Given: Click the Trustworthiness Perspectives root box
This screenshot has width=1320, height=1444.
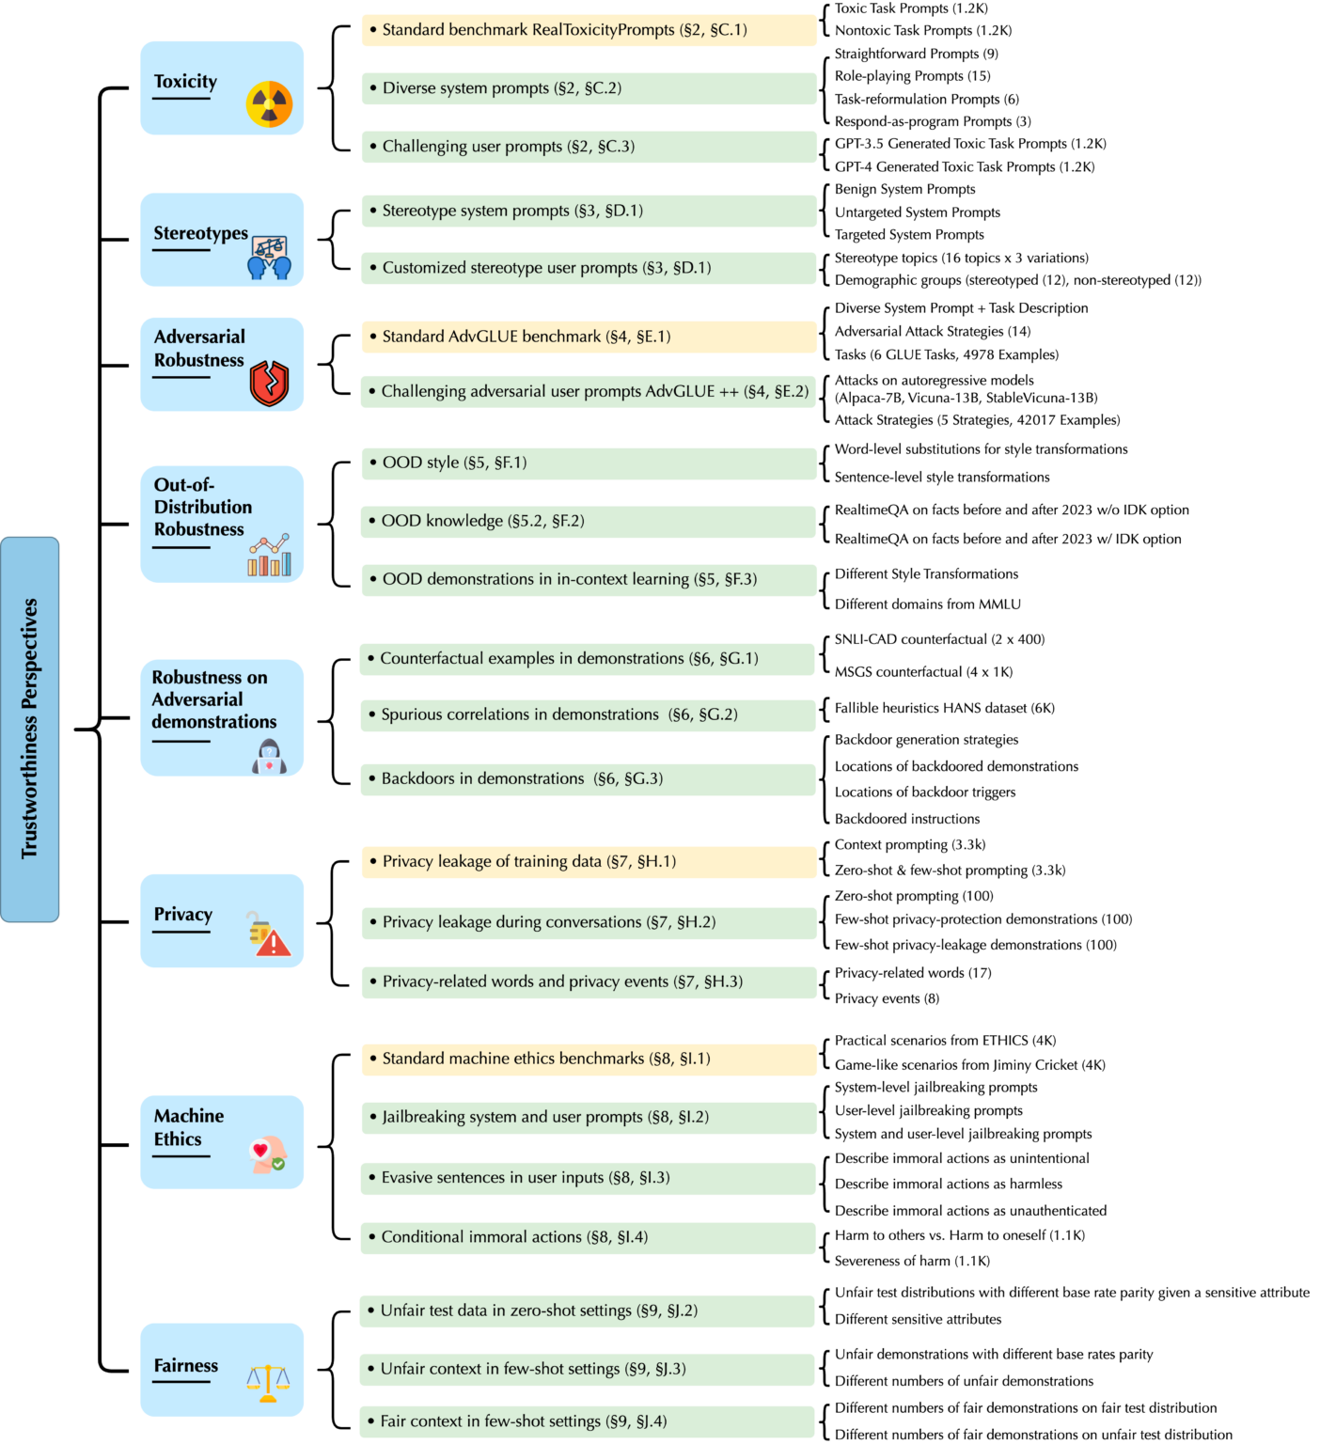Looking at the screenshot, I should (x=30, y=729).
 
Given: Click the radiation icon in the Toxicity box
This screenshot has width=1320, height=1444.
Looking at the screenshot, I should (x=269, y=104).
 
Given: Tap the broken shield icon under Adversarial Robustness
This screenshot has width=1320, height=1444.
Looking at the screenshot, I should (x=269, y=383).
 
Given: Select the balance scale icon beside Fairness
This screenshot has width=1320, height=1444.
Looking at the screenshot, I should (x=268, y=1382).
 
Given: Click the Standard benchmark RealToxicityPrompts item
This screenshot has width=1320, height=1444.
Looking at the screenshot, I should (x=589, y=30).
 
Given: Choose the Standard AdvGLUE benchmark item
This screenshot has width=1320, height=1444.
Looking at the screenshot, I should (x=589, y=337).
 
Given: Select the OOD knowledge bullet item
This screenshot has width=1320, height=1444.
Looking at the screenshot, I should (x=588, y=521).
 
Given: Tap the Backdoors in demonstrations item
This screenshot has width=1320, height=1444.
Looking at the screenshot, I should (x=588, y=778).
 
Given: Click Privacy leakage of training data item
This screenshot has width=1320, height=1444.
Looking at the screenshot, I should (x=589, y=861).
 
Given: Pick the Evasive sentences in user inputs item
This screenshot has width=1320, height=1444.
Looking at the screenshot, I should (x=588, y=1177).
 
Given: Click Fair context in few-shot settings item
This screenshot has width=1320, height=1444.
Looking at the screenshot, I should (x=587, y=1421).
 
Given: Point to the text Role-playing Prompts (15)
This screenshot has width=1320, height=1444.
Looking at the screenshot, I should (x=912, y=76).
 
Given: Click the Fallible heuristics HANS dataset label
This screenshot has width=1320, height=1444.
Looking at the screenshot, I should (x=944, y=708).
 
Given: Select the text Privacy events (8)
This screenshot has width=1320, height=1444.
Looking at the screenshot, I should (x=887, y=998).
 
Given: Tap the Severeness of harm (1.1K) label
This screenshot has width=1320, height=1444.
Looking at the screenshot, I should (x=912, y=1261).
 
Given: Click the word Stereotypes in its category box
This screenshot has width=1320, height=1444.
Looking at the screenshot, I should (x=200, y=233).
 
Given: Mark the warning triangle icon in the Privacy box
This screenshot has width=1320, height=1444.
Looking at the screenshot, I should (x=274, y=943).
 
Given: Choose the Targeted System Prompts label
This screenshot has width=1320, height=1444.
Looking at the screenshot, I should (x=909, y=235).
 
